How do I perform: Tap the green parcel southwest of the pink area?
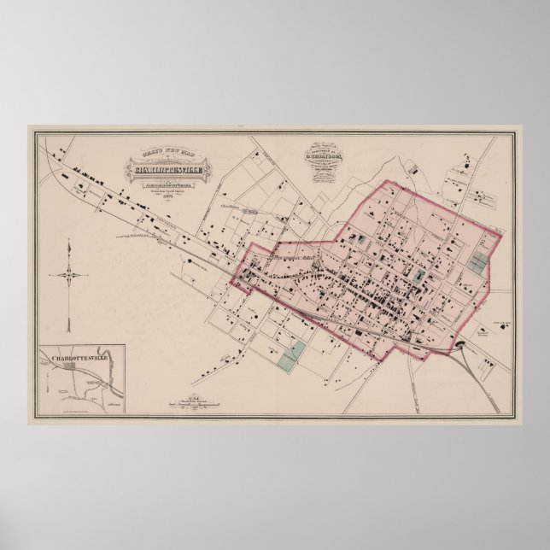[292, 354]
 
